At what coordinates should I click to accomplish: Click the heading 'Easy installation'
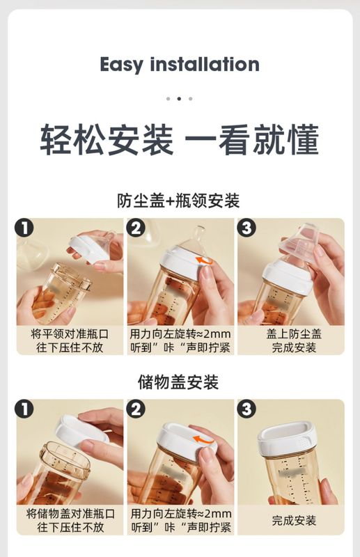pos(180,65)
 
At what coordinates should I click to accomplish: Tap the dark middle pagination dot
pos(179,99)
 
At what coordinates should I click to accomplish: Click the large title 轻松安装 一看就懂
pos(180,140)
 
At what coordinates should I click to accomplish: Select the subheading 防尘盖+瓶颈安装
pos(178,201)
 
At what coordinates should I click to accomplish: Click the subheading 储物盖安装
pos(178,382)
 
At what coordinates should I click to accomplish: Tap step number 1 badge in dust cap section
pos(24,228)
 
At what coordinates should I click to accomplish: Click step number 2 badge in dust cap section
pos(136,228)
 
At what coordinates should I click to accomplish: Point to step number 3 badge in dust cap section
pos(246,228)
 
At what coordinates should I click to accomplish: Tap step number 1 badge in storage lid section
pos(24,409)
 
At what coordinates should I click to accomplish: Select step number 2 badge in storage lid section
pos(136,409)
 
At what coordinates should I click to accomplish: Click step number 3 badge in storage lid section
pos(246,409)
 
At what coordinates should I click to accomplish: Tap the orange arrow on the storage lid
pos(205,441)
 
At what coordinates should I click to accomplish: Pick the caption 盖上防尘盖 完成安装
pos(294,340)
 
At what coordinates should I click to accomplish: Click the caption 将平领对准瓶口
pos(70,334)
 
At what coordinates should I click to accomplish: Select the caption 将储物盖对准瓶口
pos(70,514)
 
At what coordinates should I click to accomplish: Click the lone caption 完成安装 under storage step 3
pos(294,521)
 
